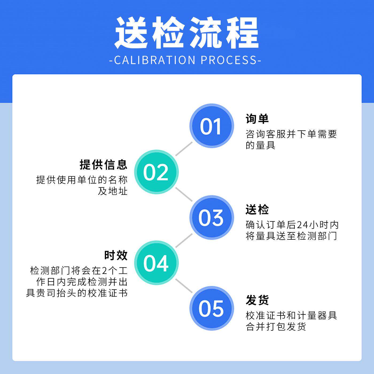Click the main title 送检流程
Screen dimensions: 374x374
(x=187, y=33)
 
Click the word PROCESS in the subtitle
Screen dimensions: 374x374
(x=229, y=60)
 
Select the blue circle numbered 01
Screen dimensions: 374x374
(x=211, y=126)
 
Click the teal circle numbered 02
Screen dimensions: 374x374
(x=156, y=172)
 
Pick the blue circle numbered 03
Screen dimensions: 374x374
(x=211, y=217)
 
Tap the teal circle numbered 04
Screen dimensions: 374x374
(x=156, y=263)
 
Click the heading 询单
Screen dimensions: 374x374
(x=257, y=119)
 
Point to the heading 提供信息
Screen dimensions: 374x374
(x=104, y=165)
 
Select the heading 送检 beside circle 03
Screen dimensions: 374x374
(x=257, y=210)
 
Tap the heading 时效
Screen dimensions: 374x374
(x=116, y=255)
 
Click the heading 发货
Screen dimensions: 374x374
(x=257, y=300)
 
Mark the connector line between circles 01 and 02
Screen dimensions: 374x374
(x=184, y=149)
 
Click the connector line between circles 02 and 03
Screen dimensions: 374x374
(x=184, y=194)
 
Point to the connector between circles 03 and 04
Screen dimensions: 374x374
(x=184, y=240)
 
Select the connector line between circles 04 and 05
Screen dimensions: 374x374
(x=184, y=286)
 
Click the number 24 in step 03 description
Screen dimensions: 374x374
(x=303, y=225)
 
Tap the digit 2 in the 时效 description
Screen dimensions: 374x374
(x=105, y=271)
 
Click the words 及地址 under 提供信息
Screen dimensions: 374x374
(x=112, y=191)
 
